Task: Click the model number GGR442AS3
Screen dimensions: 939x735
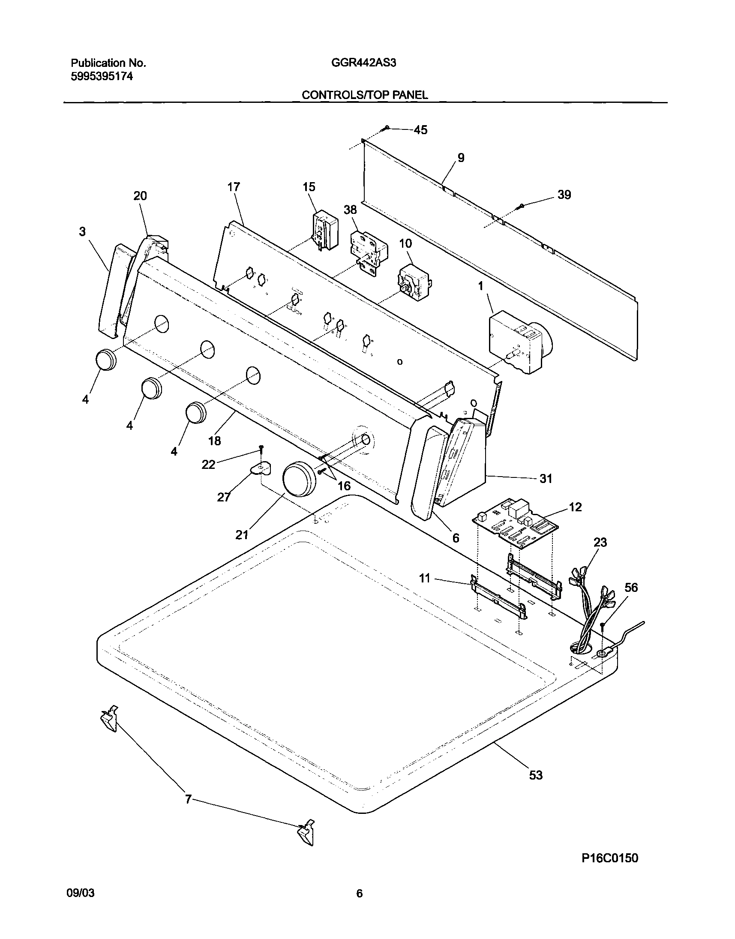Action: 363,63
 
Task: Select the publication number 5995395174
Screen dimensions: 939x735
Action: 102,77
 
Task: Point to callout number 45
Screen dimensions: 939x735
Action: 420,130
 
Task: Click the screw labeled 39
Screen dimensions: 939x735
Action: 522,207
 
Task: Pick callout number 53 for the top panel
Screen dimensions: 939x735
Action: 535,775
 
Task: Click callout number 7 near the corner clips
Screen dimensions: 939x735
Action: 188,800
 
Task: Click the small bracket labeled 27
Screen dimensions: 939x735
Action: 261,468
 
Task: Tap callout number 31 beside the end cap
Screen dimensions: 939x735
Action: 546,479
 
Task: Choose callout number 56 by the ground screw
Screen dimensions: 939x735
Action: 631,588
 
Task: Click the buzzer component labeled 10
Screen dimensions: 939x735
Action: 413,283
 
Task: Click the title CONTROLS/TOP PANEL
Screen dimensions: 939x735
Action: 364,95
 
